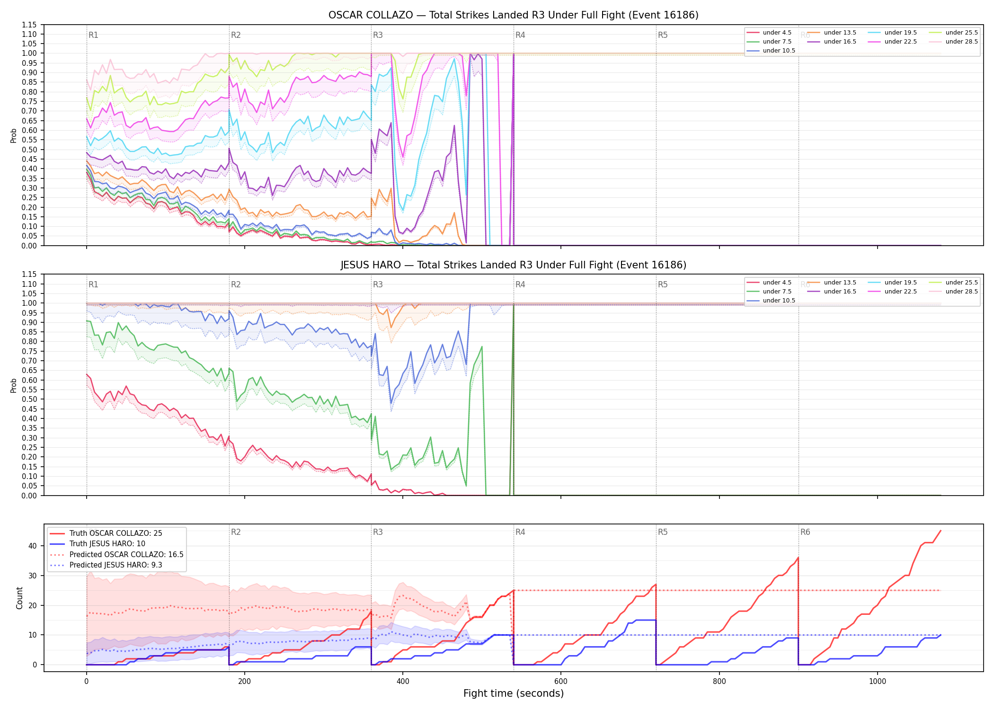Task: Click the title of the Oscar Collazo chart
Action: tap(514, 15)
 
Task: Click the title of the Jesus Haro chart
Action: tap(514, 265)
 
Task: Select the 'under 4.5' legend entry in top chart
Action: tap(769, 33)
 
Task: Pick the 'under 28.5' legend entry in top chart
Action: tap(953, 42)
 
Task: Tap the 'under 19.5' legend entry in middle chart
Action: tap(892, 283)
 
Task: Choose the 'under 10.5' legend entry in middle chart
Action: tap(771, 301)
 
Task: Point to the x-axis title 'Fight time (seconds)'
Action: tap(514, 693)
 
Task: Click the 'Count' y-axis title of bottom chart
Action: tap(19, 598)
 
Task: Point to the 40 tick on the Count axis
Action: tap(33, 546)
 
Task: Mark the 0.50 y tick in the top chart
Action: tap(29, 150)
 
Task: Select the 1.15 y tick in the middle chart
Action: tap(29, 275)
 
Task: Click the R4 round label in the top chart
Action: tap(520, 35)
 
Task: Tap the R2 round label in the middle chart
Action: tap(236, 284)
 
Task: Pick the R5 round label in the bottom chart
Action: tap(663, 532)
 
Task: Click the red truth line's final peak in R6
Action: tap(941, 531)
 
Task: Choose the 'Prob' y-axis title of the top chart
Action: tap(14, 136)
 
